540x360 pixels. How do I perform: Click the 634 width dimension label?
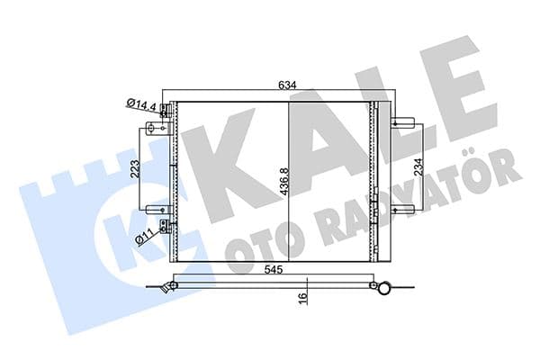[287, 86]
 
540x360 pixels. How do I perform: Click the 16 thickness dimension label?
[303, 295]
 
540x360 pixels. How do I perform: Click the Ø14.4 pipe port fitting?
[166, 112]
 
